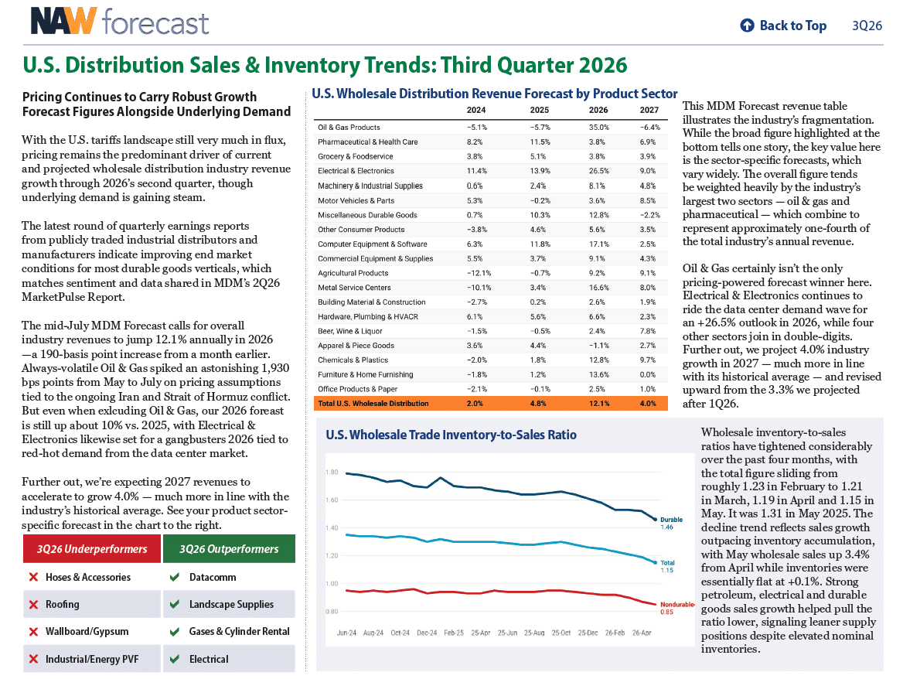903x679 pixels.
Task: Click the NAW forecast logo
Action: pos(120,22)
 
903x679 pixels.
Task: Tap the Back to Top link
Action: pos(783,26)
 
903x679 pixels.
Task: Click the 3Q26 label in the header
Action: pos(867,26)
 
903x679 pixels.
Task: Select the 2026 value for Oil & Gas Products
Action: pos(598,128)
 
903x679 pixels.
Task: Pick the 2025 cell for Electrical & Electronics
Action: pos(540,171)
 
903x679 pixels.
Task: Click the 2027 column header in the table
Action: pos(649,110)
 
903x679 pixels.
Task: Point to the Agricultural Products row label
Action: pos(353,273)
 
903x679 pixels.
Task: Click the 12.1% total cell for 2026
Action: pos(599,404)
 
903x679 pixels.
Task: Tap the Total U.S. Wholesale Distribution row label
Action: pos(373,404)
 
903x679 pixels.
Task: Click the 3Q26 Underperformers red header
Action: pos(92,549)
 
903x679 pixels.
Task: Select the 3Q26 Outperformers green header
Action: pos(229,549)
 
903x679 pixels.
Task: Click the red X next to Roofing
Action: pos(33,604)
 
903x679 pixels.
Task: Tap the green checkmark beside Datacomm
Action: pos(175,577)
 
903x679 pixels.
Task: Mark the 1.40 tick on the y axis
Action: pos(332,528)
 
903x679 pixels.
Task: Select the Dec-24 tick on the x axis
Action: pos(427,633)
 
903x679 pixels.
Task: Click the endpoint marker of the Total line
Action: pos(656,563)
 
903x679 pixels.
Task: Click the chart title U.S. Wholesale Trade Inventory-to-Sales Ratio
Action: pos(451,435)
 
